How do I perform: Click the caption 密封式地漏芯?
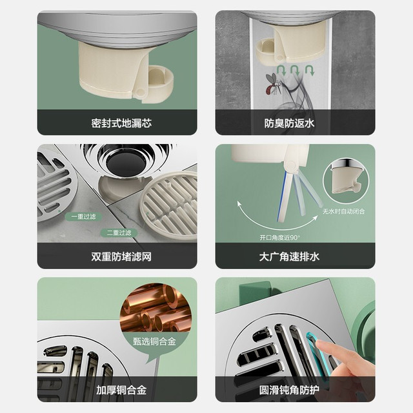pos(121,123)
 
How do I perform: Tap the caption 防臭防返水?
pos(289,123)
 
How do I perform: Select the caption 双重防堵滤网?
pos(121,257)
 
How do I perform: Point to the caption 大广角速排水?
pos(289,257)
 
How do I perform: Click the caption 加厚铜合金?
pos(121,390)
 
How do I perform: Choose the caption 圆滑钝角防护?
pos(289,390)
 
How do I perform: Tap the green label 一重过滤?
pos(83,217)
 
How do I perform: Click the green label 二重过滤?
pos(119,232)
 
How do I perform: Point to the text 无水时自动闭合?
pos(344,211)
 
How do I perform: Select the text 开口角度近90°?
pos(279,237)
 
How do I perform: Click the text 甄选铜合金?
pos(154,341)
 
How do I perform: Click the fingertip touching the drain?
pos(320,345)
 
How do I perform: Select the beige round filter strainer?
pos(168,203)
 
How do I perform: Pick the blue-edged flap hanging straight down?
pos(284,197)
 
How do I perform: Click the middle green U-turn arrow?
pos(295,70)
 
